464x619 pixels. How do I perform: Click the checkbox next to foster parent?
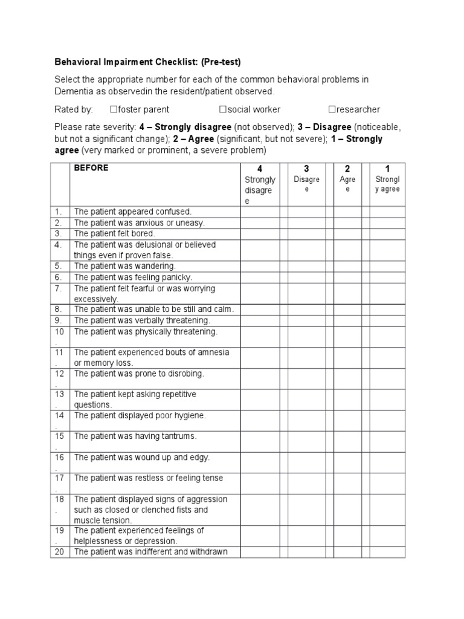click(x=113, y=109)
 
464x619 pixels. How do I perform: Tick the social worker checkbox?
click(x=222, y=109)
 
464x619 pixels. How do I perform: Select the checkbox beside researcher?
click(x=332, y=109)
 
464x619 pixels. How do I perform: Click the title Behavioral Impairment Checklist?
click(x=147, y=62)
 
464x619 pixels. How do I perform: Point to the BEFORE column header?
click(x=91, y=169)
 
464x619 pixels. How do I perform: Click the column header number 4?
click(x=260, y=169)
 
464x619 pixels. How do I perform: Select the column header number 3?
click(x=306, y=169)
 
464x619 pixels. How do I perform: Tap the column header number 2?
click(x=347, y=169)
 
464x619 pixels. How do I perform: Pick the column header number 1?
click(x=387, y=169)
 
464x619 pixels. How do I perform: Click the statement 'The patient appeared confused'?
click(x=132, y=212)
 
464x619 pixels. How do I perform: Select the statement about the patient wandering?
click(x=124, y=266)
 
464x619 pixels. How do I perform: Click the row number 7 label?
click(x=59, y=288)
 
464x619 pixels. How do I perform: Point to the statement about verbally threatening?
click(x=142, y=320)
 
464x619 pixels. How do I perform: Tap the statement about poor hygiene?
click(x=140, y=415)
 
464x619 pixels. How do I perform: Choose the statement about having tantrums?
click(x=135, y=436)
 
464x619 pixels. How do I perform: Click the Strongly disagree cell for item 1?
click(x=260, y=212)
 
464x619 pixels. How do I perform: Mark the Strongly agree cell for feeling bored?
click(x=387, y=233)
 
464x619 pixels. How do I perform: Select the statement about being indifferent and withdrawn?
click(x=148, y=551)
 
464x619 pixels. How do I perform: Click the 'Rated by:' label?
click(x=74, y=109)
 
